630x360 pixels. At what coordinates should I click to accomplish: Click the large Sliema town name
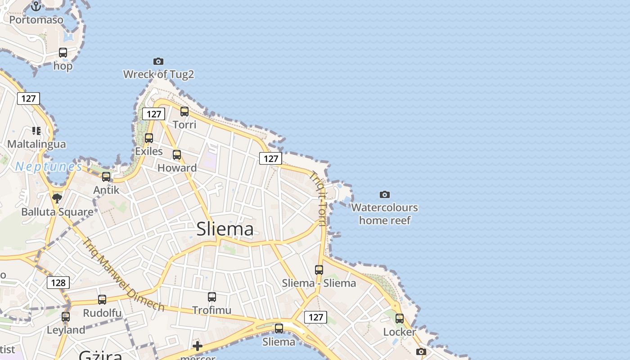tap(225, 229)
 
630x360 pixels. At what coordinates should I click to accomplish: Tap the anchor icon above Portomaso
tap(36, 6)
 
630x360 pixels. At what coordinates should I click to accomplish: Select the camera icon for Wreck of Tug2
tap(158, 61)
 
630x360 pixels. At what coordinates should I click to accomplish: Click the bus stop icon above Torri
tap(184, 111)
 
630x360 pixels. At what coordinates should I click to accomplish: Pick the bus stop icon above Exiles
tap(149, 138)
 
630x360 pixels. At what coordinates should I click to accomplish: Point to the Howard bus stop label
tap(177, 168)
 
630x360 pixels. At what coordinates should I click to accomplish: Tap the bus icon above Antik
tap(106, 176)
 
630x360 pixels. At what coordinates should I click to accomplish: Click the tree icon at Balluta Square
tap(57, 198)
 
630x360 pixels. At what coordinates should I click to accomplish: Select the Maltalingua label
tap(36, 144)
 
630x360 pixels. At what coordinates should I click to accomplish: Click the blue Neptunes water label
tap(49, 167)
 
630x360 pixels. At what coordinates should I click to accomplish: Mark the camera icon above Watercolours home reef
tap(384, 194)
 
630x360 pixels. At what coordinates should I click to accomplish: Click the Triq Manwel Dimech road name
tap(123, 274)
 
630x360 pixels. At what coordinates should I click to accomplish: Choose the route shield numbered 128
tap(58, 283)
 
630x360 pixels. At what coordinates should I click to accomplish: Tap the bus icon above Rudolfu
tap(102, 299)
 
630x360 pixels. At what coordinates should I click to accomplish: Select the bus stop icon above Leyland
tap(66, 316)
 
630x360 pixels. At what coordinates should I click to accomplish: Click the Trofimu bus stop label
tap(211, 310)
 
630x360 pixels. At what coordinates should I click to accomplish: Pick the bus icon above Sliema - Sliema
tap(319, 270)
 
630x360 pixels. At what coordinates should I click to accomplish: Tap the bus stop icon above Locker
tap(400, 319)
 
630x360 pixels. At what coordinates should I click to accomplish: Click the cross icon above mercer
tap(197, 346)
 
